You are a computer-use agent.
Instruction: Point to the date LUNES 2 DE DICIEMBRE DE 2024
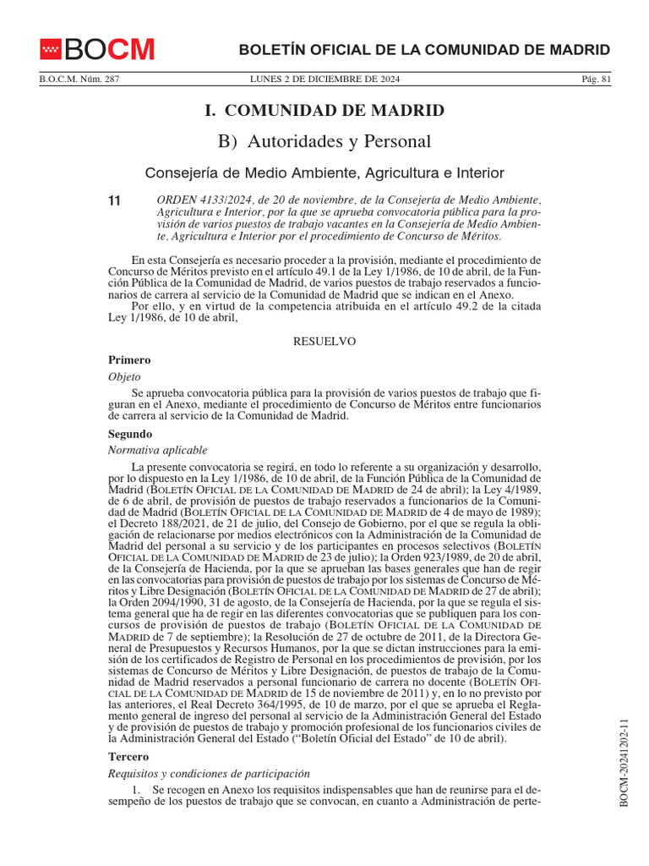[x=325, y=79]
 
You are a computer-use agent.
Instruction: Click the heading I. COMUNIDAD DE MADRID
[x=324, y=111]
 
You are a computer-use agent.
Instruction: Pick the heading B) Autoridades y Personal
[x=324, y=141]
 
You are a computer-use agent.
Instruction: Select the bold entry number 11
[x=115, y=200]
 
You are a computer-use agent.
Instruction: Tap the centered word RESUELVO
[x=324, y=341]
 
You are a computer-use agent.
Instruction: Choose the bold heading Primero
[x=129, y=359]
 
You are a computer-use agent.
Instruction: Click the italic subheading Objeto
[x=125, y=376]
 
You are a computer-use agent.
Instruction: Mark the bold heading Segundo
[x=130, y=434]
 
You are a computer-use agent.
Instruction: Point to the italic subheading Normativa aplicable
[x=158, y=450]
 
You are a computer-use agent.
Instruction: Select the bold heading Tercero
[x=128, y=757]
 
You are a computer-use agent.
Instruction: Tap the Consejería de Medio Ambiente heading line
[x=324, y=173]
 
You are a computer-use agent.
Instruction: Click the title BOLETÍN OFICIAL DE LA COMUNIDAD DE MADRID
[x=424, y=50]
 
